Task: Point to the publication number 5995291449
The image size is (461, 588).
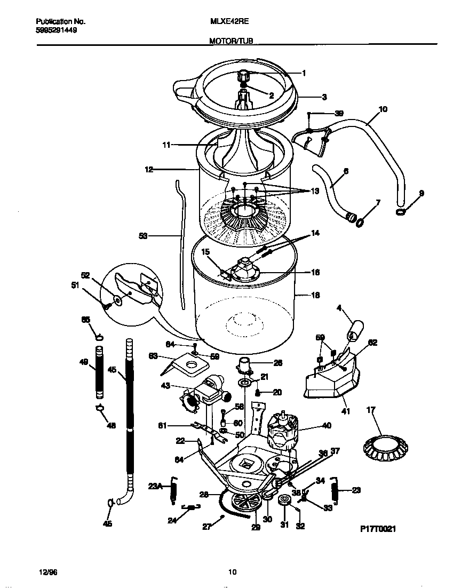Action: (56, 30)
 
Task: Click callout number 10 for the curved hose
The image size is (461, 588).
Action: (383, 109)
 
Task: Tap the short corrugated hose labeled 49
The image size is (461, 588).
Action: (99, 372)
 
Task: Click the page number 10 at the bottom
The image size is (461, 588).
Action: (232, 573)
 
